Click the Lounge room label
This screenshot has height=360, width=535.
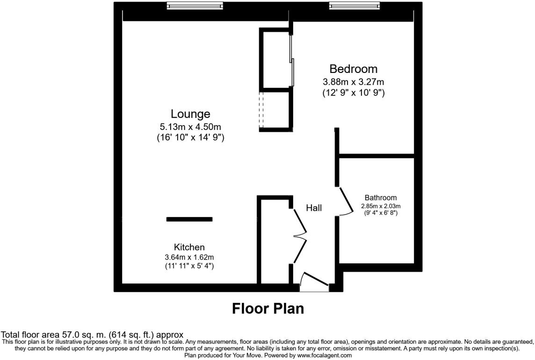190,114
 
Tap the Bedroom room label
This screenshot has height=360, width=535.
353,69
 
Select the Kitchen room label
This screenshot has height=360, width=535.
189,247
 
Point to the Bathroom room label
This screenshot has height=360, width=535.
380,198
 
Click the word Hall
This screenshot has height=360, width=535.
314,208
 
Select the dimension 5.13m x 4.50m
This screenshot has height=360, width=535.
190,126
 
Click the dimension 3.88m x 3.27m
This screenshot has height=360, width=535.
353,81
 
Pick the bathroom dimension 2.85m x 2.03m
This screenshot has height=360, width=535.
381,206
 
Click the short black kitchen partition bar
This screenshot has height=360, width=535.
189,219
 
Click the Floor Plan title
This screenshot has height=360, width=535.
267,309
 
